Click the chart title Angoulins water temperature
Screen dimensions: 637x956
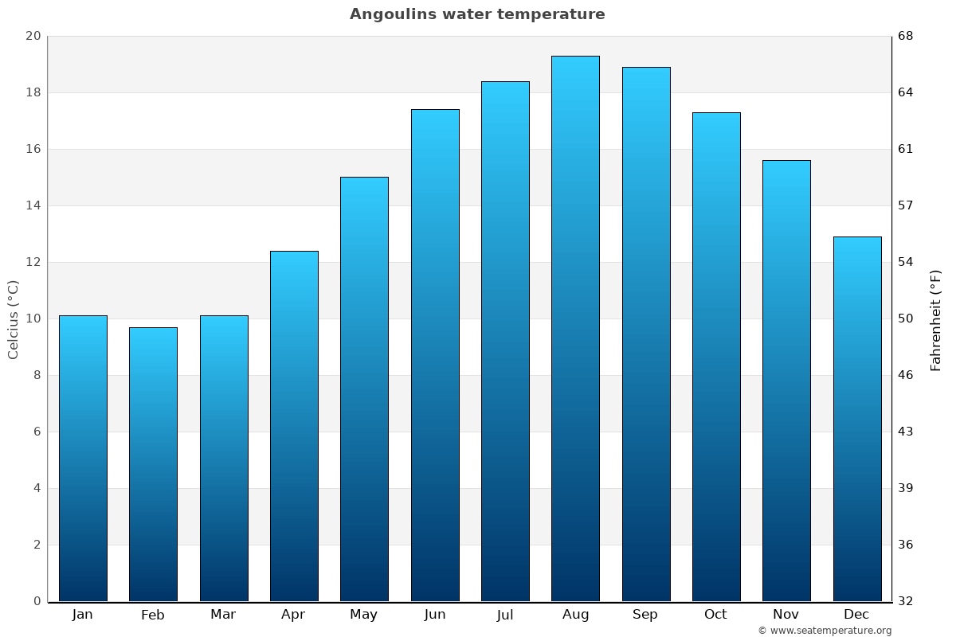(x=477, y=14)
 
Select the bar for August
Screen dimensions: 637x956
(x=575, y=328)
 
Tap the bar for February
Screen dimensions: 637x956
(x=153, y=464)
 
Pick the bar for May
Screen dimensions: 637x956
(x=364, y=389)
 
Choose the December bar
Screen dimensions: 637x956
(x=857, y=419)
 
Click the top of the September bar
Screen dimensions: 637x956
(x=646, y=68)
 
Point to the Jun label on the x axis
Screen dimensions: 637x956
(x=435, y=615)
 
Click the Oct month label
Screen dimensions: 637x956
(x=715, y=615)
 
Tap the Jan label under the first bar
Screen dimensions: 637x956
(x=82, y=615)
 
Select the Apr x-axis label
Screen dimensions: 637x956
(x=293, y=615)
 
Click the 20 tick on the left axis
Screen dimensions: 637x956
(x=33, y=36)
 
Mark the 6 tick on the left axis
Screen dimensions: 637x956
(x=36, y=432)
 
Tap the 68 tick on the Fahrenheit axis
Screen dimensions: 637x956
(x=907, y=36)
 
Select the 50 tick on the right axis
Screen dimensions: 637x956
(x=907, y=318)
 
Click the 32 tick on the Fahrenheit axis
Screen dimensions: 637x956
(x=907, y=601)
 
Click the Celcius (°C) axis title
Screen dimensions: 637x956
(x=13, y=319)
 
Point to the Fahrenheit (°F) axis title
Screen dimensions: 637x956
(x=936, y=319)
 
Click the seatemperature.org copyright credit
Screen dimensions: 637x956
(x=825, y=631)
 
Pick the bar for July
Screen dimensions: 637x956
(x=505, y=341)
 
